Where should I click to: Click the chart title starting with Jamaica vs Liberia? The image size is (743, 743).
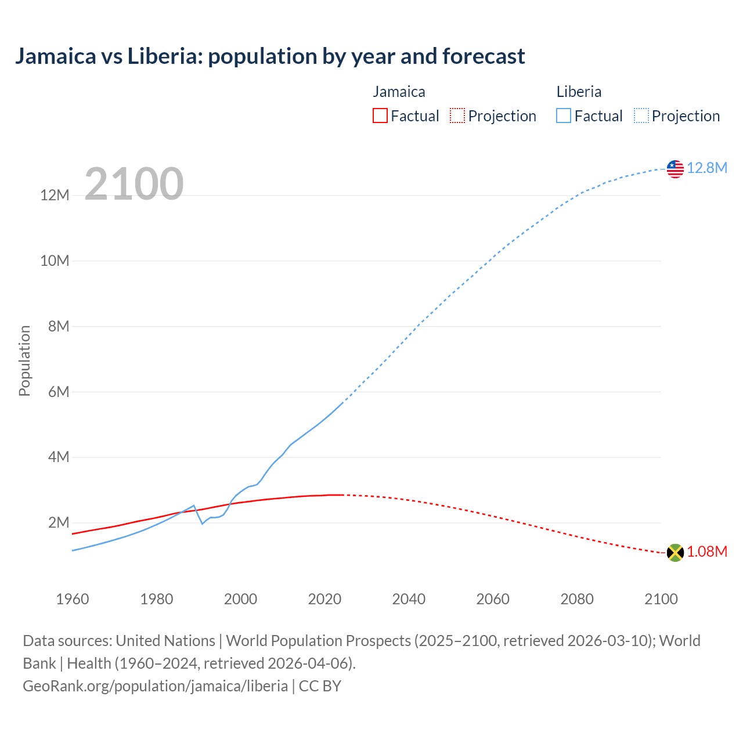point(270,56)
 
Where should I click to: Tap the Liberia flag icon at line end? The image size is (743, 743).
point(675,169)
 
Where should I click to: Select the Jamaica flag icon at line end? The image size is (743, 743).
point(675,553)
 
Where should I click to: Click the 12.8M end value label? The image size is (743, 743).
point(707,168)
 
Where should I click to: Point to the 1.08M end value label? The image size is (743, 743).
point(707,551)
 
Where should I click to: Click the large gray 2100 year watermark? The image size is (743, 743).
point(134,184)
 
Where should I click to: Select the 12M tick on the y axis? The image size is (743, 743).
point(55,195)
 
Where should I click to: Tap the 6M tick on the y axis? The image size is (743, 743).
point(59,392)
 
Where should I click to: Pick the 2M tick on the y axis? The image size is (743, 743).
point(59,522)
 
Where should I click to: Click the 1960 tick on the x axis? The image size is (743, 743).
point(73,599)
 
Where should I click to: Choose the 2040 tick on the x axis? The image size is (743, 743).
point(409,599)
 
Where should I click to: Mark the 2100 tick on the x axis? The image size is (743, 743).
point(661,599)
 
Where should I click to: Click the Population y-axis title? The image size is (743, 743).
point(24,360)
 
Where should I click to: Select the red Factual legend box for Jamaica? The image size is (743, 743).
point(380,116)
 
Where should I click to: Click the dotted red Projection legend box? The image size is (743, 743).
point(457,116)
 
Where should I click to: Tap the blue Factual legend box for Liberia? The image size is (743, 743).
point(564,116)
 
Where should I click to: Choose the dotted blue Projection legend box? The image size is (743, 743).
point(641,116)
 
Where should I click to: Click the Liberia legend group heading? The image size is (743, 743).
point(579,92)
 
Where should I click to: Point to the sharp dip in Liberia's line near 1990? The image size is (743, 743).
point(202,524)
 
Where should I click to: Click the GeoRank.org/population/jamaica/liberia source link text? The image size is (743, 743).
point(156,686)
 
